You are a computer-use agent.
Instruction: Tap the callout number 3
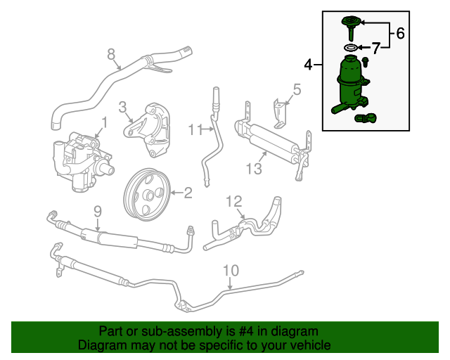tap(122, 107)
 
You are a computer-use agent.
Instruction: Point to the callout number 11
tap(195, 129)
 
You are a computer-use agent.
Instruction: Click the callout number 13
tap(254, 168)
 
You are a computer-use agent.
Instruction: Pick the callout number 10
tap(231, 270)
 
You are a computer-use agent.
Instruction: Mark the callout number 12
tap(233, 202)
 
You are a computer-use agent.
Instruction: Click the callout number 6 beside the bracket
tap(400, 32)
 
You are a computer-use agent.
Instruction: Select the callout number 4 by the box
tap(308, 65)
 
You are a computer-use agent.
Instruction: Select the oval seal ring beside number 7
tap(349, 48)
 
